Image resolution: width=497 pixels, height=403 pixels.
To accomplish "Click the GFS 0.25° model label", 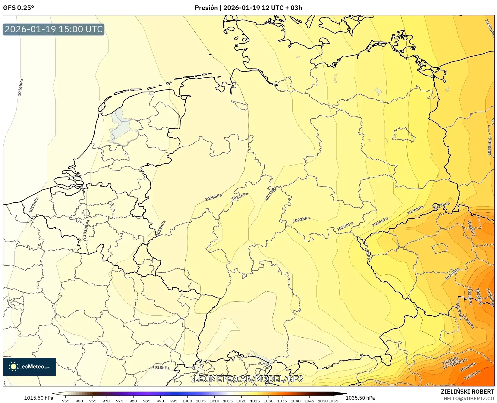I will pyautogui.click(x=18, y=8).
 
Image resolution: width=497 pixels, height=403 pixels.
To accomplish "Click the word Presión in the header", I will pyautogui.click(x=206, y=8).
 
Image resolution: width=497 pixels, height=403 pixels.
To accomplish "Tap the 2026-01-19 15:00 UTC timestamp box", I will pyautogui.click(x=54, y=29).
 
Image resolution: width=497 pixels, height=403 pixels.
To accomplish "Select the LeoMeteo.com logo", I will pyautogui.click(x=30, y=367).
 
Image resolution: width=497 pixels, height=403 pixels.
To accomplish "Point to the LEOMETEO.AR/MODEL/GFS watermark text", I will pyautogui.click(x=248, y=379).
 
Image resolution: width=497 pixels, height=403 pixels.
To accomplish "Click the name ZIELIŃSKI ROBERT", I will pyautogui.click(x=467, y=392).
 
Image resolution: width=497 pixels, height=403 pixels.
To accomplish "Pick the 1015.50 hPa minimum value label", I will pyautogui.click(x=39, y=398).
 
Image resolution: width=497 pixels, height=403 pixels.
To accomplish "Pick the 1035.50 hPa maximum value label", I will pyautogui.click(x=360, y=398).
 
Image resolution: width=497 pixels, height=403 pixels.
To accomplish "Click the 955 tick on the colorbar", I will pyautogui.click(x=66, y=401).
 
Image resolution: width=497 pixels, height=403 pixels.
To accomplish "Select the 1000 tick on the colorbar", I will pyautogui.click(x=187, y=401).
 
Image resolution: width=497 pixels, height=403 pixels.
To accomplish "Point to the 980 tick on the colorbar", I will pyautogui.click(x=133, y=401).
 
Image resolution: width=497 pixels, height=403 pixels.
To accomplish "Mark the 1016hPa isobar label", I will pyautogui.click(x=20, y=88).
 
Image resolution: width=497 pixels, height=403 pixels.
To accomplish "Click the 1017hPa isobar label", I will pyautogui.click(x=34, y=205).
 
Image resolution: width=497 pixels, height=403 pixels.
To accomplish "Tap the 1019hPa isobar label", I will pyautogui.click(x=161, y=228).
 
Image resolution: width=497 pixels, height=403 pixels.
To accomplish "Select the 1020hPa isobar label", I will pyautogui.click(x=213, y=197).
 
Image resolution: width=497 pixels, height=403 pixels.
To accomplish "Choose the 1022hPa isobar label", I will pyautogui.click(x=301, y=220).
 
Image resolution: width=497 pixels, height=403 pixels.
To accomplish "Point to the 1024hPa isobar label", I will pyautogui.click(x=380, y=222).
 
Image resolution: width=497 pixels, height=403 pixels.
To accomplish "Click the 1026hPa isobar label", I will pyautogui.click(x=415, y=210).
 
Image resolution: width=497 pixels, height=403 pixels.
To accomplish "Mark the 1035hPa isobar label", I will pyautogui.click(x=472, y=375).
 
